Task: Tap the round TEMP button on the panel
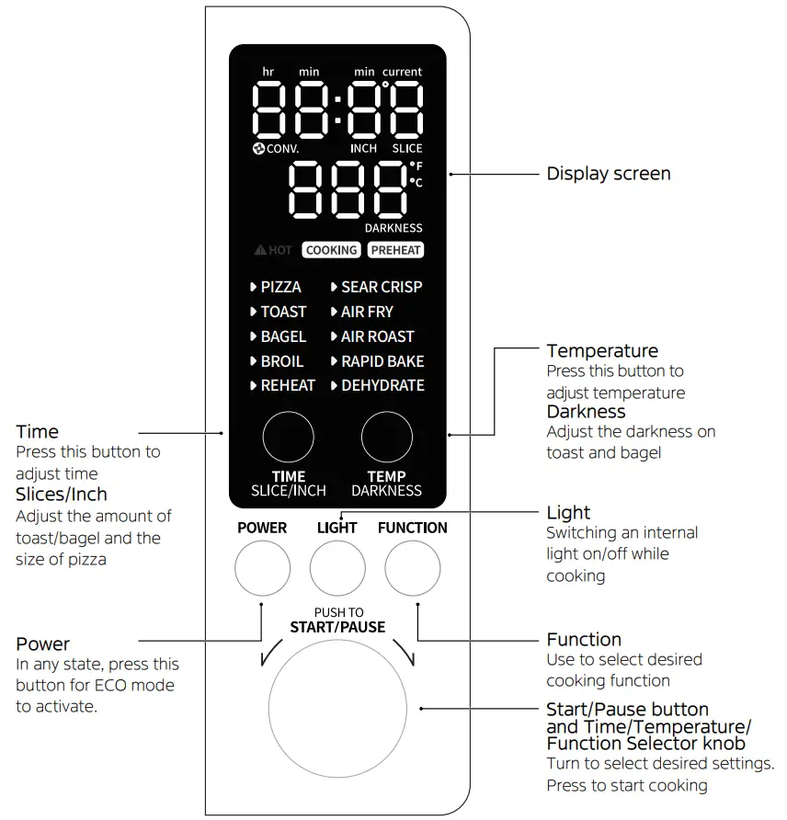pos(386,437)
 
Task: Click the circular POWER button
pos(262,569)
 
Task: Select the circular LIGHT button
pos(337,569)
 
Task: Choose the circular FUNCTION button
pos(412,569)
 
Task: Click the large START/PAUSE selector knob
pos(337,708)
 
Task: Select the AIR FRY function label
pos(366,312)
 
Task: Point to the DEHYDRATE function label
pos(382,386)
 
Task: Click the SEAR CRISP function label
pos(381,287)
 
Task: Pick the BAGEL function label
pos(282,336)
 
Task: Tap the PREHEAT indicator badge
pos(395,250)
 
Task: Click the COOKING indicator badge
pos(331,250)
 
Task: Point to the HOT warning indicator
pos(274,250)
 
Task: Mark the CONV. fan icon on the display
pos(259,149)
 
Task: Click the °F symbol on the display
pos(416,165)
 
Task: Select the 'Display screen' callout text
pos(609,174)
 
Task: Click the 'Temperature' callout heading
pos(602,351)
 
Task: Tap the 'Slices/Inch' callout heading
pos(62,495)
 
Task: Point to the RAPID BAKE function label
pos(382,361)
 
